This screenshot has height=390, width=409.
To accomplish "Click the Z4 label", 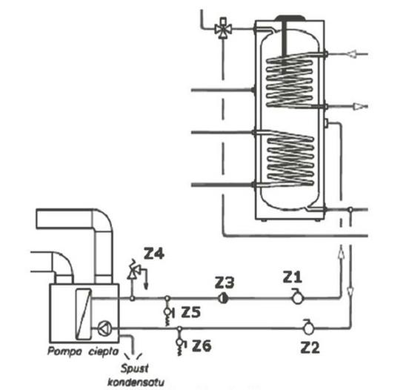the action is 154,254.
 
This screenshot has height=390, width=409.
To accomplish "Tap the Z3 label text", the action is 225,282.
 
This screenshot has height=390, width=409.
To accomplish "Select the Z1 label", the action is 293,277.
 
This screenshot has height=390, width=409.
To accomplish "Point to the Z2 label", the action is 310,348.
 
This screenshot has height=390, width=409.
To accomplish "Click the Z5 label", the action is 191,312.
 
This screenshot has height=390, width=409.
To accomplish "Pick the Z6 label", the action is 202,346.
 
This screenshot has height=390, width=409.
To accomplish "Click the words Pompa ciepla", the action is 83,351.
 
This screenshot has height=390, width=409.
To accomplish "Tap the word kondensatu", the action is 136,383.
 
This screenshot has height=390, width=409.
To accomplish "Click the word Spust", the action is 134,368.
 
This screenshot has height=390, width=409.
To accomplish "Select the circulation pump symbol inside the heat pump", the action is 104,328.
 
